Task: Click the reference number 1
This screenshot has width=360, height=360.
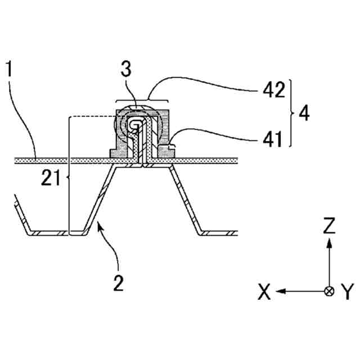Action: pos(9,70)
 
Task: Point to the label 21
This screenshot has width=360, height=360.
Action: pos(51,178)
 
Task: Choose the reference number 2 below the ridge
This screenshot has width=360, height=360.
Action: pos(118,281)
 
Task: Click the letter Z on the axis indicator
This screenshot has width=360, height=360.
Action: pos(330,226)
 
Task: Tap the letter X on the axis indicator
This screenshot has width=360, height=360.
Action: pos(264,291)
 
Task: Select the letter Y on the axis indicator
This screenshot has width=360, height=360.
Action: pos(348,291)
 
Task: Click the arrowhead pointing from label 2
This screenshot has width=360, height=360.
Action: pos(99,226)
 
